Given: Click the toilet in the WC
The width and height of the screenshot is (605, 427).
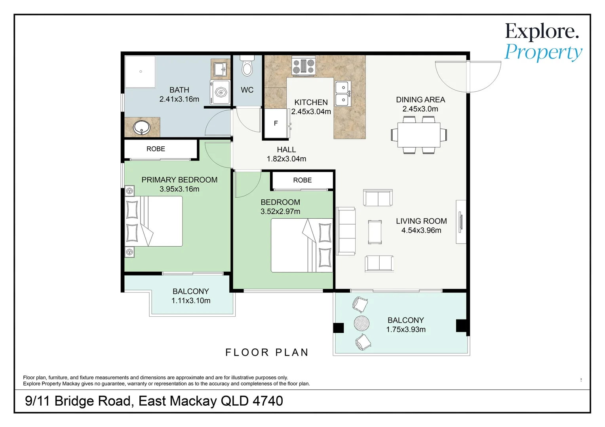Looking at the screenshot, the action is [247, 66].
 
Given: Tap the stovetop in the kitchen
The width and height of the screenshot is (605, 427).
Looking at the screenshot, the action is [303, 66].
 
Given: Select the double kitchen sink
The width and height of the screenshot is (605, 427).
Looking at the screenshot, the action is [343, 94].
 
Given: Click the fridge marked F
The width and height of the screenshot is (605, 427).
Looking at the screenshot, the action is [276, 123].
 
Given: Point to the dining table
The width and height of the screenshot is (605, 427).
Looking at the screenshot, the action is [419, 135].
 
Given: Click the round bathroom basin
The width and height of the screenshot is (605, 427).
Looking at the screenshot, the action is [141, 128].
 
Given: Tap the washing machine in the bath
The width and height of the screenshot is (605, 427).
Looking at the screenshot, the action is [220, 92].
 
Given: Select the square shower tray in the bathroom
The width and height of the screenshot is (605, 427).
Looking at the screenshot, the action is [140, 72].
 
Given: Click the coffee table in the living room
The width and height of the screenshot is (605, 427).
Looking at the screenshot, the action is [375, 232].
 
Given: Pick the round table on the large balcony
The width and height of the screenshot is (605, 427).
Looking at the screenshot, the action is [361, 323].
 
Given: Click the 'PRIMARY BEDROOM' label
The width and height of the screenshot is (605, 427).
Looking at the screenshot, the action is [179, 179].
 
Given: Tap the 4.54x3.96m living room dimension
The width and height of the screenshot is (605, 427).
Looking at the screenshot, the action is [421, 230].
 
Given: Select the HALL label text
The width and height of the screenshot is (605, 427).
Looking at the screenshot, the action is [286, 149].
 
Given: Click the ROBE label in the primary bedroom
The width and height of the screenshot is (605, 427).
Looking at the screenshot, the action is [156, 149].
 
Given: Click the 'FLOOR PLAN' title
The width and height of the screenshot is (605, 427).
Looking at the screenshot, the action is [267, 352].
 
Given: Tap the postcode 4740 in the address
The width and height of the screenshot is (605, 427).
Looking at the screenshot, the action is [268, 401].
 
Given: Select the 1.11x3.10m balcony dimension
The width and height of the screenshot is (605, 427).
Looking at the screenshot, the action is [191, 300].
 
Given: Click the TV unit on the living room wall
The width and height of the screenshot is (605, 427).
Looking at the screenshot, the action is [461, 222].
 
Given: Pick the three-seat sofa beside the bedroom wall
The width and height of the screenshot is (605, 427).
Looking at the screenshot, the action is [346, 231].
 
